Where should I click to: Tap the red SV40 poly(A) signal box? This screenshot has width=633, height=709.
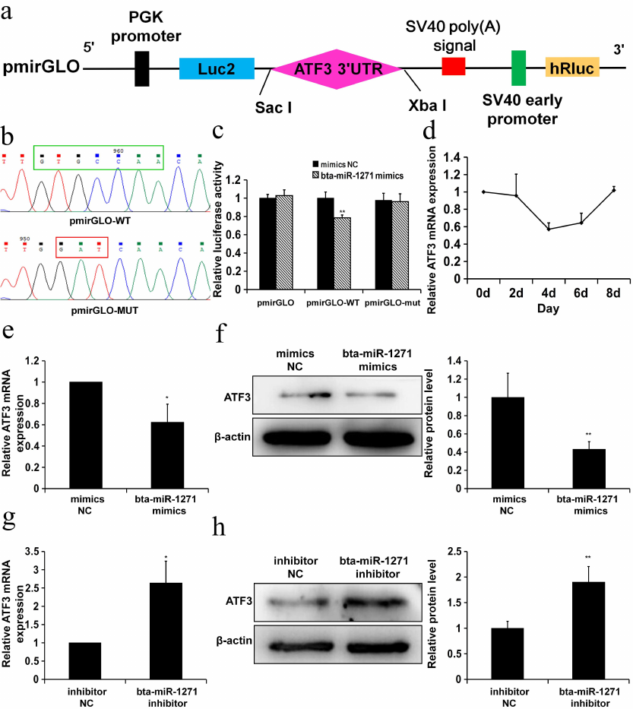click(454, 66)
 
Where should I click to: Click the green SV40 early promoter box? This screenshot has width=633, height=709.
click(519, 68)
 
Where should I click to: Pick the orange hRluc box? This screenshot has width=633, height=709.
click(572, 68)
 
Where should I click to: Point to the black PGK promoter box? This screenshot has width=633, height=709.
click(141, 68)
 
